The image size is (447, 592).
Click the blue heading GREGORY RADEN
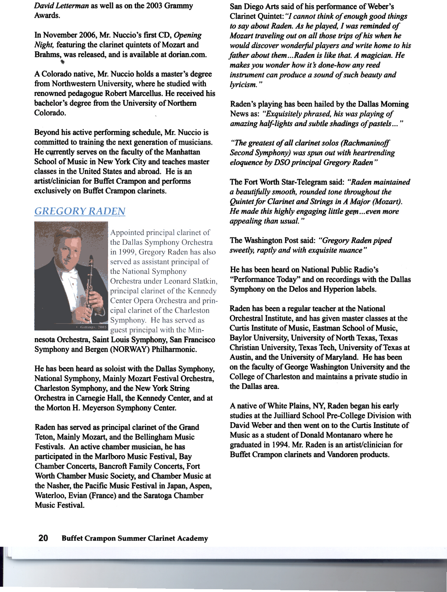click(80, 211)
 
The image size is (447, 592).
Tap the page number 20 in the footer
click(43, 538)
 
